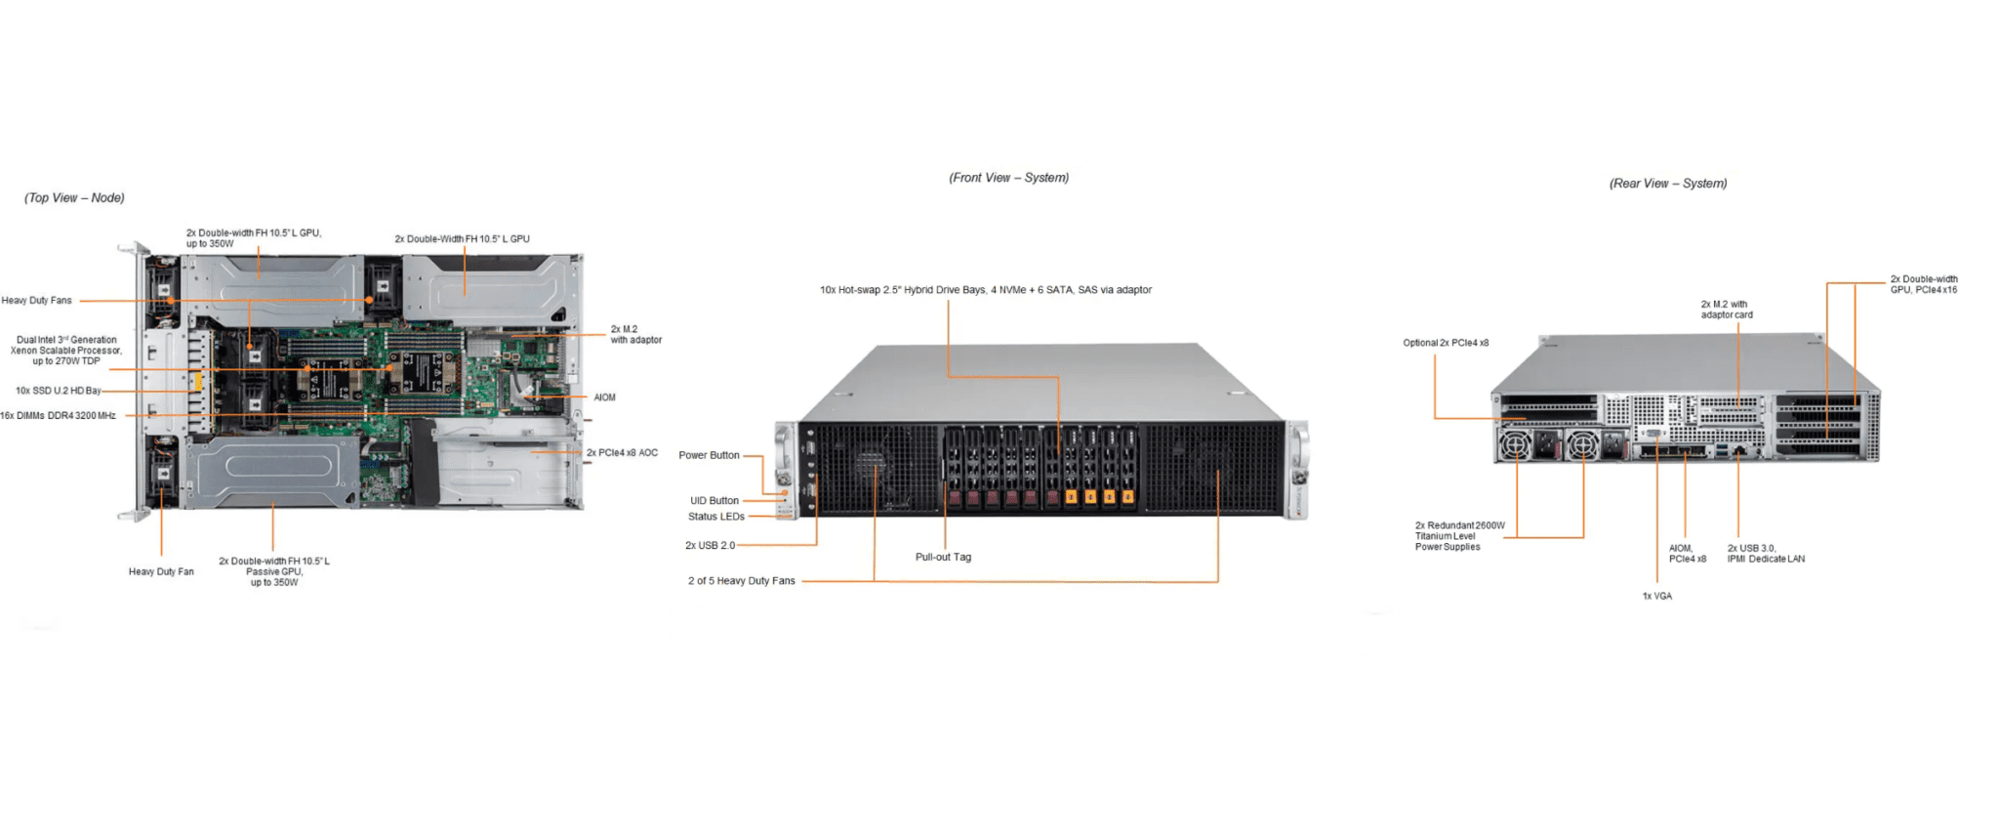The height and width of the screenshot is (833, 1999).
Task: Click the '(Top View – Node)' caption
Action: pos(74,198)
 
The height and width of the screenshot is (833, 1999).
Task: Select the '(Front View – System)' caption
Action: pos(1008,178)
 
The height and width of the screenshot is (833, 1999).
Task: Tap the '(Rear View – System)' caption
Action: pos(1667,184)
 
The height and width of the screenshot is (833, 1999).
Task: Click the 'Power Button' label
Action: pos(709,455)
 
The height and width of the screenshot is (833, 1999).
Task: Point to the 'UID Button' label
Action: pos(714,501)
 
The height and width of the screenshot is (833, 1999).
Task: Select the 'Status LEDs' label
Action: pos(715,517)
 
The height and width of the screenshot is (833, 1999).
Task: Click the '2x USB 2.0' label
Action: pos(710,546)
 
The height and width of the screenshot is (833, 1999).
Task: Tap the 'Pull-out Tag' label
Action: pos(943,558)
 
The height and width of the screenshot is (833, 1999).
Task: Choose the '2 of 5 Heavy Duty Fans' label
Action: pos(741,581)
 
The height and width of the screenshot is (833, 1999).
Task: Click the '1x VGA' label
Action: pos(1656,596)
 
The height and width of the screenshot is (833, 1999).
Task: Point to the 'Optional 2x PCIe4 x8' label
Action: pos(1446,343)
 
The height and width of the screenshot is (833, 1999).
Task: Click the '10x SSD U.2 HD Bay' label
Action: pos(59,391)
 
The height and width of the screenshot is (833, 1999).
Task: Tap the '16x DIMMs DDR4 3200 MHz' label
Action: pos(59,416)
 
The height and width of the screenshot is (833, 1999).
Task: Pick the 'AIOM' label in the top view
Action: pos(604,397)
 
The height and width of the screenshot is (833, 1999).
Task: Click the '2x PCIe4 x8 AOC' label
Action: pos(622,453)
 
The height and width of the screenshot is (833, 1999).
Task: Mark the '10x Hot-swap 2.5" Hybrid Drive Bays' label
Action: pos(985,290)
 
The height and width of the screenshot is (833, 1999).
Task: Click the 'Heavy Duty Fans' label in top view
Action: pos(37,301)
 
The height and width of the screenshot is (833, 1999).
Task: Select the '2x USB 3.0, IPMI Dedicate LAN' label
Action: pos(1765,554)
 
